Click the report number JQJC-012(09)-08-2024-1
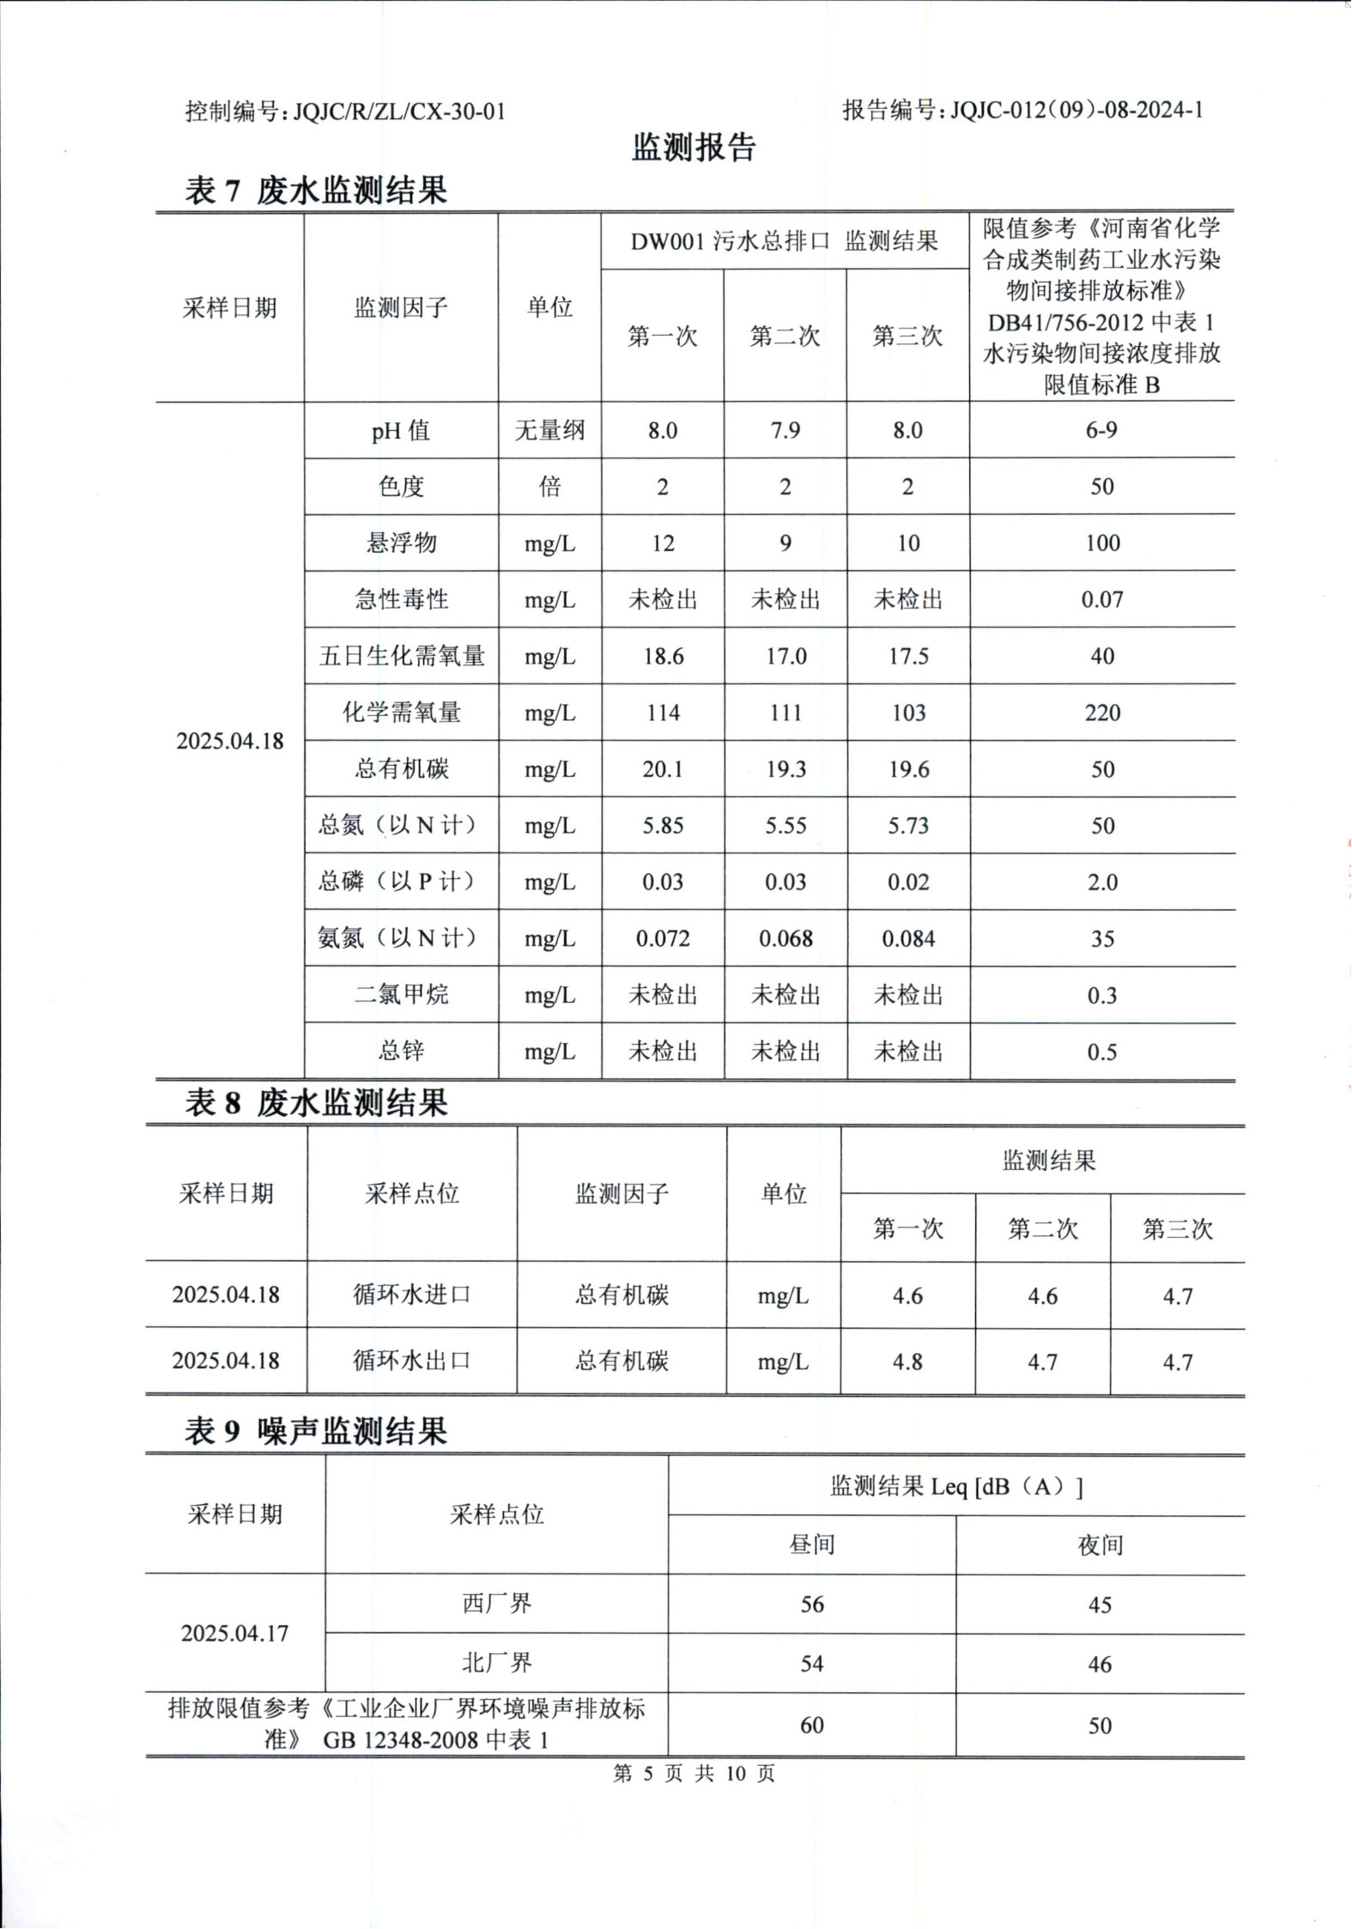click(1076, 110)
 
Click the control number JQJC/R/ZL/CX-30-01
click(399, 112)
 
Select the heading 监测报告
click(694, 148)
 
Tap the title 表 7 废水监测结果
click(316, 191)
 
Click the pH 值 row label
click(401, 430)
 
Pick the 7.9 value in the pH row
click(785, 430)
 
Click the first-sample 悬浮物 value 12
click(663, 543)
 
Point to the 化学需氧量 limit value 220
click(1102, 713)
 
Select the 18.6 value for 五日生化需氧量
click(663, 657)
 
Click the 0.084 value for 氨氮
click(908, 939)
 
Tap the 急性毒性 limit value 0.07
click(1102, 600)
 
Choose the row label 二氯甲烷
click(401, 995)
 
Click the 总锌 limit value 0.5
click(1102, 1052)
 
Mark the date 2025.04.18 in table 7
click(229, 741)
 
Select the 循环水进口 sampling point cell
click(412, 1295)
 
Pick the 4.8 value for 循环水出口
click(907, 1362)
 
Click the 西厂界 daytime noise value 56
click(812, 1604)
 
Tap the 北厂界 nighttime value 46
click(1100, 1664)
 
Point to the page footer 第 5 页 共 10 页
click(694, 1774)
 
